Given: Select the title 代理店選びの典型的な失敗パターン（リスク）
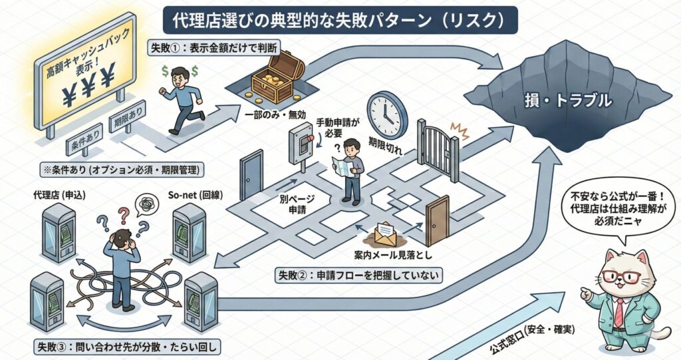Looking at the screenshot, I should click(x=340, y=21).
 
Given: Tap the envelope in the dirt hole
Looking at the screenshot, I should click(x=386, y=233).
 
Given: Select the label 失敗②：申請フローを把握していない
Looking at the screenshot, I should click(x=348, y=274).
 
